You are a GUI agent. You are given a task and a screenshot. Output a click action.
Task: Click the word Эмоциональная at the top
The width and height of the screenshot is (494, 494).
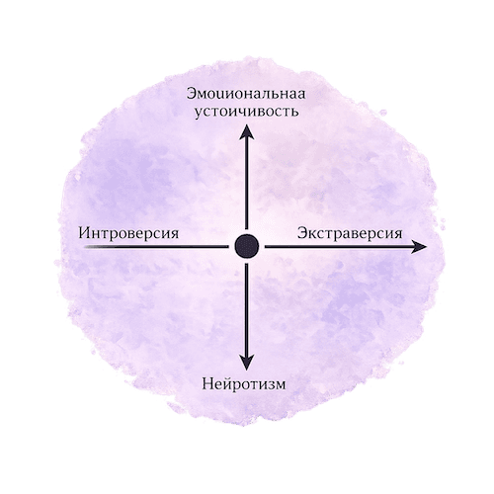pyautogui.click(x=246, y=94)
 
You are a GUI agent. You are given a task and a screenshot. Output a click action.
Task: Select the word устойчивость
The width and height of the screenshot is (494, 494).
pyautogui.click(x=246, y=112)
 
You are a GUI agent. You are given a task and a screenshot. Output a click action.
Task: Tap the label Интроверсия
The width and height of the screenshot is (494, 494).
pyautogui.click(x=128, y=233)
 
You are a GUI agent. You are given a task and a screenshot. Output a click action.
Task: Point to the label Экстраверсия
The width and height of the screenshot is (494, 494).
pyautogui.click(x=350, y=233)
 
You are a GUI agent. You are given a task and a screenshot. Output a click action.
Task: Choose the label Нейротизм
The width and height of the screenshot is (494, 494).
pyautogui.click(x=244, y=384)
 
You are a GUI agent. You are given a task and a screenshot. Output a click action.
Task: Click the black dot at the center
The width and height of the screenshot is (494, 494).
pyautogui.click(x=247, y=246)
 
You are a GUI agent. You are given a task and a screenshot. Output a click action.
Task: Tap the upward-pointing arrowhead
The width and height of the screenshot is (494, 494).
pyautogui.click(x=246, y=131)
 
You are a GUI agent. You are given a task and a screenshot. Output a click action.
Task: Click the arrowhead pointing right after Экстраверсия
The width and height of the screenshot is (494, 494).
pyautogui.click(x=419, y=247)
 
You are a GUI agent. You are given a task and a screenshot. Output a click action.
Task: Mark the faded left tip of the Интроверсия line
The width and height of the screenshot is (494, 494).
pyautogui.click(x=84, y=246)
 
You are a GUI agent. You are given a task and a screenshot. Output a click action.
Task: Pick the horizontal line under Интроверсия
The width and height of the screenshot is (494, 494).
pyautogui.click(x=156, y=246)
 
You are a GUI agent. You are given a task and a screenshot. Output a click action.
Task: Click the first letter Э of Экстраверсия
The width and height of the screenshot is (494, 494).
pyautogui.click(x=302, y=233)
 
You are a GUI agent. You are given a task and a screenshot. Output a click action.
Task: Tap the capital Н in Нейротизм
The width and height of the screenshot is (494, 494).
pyautogui.click(x=207, y=384)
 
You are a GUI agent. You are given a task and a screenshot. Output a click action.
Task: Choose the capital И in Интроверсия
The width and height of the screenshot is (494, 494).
pyautogui.click(x=85, y=233)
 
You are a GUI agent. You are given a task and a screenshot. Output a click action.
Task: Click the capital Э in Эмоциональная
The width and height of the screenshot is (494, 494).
pyautogui.click(x=192, y=94)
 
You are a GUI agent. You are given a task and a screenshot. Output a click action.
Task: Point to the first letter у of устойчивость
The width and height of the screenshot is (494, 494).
pyautogui.click(x=198, y=113)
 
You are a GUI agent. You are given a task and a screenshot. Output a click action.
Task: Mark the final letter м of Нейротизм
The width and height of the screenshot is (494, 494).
pyautogui.click(x=280, y=385)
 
